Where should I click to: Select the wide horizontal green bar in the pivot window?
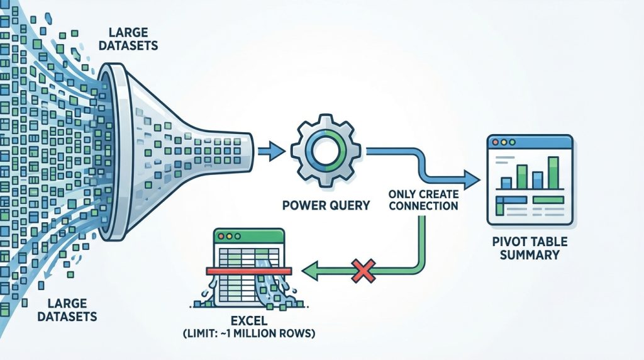(x=548, y=200)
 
